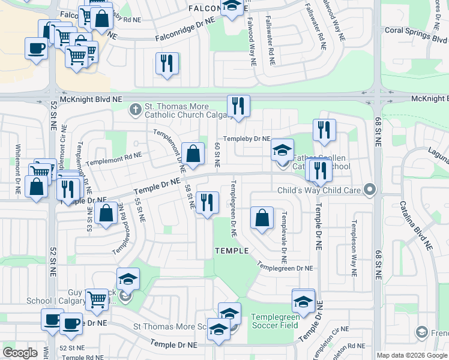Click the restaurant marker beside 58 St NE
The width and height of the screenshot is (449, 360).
click(x=207, y=202)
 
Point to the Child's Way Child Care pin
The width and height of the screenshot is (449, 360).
click(x=370, y=191)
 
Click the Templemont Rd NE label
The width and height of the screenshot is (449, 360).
click(x=114, y=158)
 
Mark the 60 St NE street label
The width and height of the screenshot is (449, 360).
click(x=217, y=154)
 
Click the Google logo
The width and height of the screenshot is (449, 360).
click(x=20, y=353)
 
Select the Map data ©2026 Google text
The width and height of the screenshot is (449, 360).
click(x=412, y=355)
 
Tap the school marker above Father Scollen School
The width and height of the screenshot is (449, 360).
click(x=282, y=150)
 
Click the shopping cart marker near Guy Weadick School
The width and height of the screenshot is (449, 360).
click(x=96, y=299)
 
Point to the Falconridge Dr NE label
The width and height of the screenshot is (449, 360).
click(x=185, y=29)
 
